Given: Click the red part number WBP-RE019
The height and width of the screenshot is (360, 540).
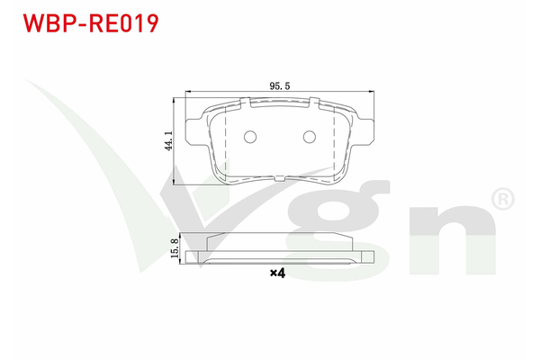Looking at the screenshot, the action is [91, 23].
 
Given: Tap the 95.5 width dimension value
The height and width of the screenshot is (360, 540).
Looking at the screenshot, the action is [280, 85].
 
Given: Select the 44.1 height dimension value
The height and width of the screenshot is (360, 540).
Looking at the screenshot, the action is [169, 140].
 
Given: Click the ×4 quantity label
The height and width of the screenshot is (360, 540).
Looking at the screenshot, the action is [277, 274].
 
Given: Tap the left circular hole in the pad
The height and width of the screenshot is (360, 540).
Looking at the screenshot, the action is [250, 137].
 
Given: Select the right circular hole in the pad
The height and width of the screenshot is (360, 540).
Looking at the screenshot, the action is [310, 137].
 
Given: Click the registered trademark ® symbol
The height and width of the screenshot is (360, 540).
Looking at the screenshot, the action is [503, 199].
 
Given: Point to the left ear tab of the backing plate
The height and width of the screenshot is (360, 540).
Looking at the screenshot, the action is [193, 132].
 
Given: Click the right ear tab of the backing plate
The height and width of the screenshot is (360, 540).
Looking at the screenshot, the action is [364, 132].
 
